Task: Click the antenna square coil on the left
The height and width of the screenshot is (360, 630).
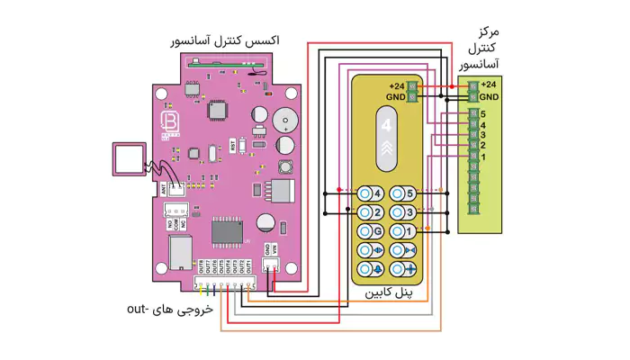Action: point(128,159)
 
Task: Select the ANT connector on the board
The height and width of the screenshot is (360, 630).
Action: point(175,188)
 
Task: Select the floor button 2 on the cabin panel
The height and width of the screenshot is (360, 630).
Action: point(367,212)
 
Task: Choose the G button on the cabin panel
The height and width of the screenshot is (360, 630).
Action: point(367,231)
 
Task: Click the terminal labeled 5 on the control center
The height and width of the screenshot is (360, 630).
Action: point(474,115)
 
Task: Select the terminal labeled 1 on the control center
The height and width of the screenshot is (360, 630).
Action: point(474,158)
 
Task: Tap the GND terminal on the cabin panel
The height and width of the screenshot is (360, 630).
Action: point(413,95)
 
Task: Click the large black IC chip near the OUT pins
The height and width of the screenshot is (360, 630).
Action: point(228,231)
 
